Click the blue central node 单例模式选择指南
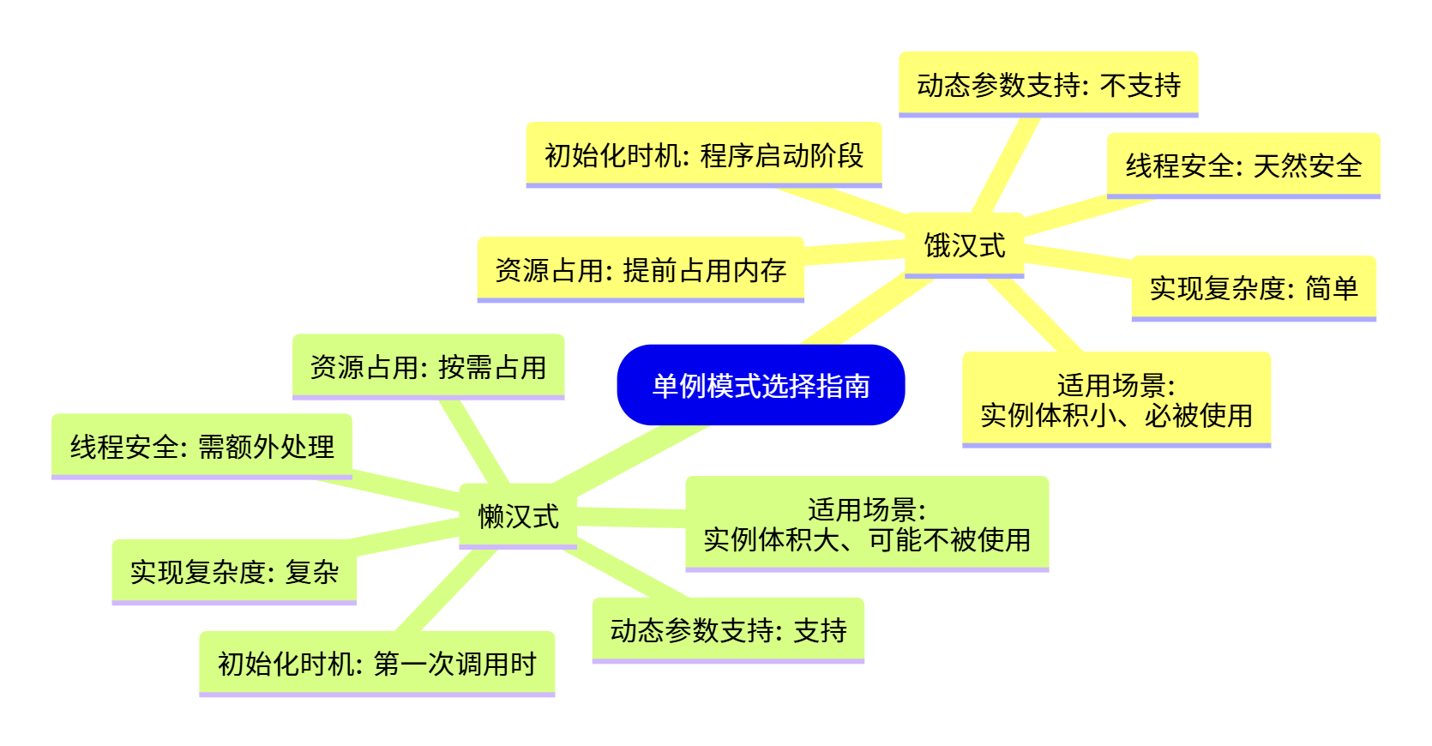pyautogui.click(x=761, y=385)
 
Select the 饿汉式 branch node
pyautogui.click(x=964, y=245)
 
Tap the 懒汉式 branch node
pyautogui.click(x=518, y=516)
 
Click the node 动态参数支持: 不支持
pyautogui.click(x=1048, y=84)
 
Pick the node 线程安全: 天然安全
pyautogui.click(x=1242, y=165)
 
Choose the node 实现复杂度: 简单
pyautogui.click(x=1253, y=287)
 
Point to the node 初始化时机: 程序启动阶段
pyautogui.click(x=703, y=155)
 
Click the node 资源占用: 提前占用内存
pyautogui.click(x=640, y=269)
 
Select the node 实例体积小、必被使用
pyautogui.click(x=1116, y=400)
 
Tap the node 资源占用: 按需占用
pyautogui.click(x=428, y=366)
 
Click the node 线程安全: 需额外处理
pyautogui.click(x=202, y=446)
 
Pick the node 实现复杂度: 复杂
pyautogui.click(x=233, y=571)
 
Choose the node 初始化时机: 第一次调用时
pyautogui.click(x=376, y=663)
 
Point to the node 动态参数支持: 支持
pyautogui.click(x=728, y=629)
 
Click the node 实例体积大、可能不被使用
pyautogui.click(x=866, y=524)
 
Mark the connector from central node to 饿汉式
pyautogui.click(x=866, y=310)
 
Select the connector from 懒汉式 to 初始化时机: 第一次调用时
pyautogui.click(x=446, y=592)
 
